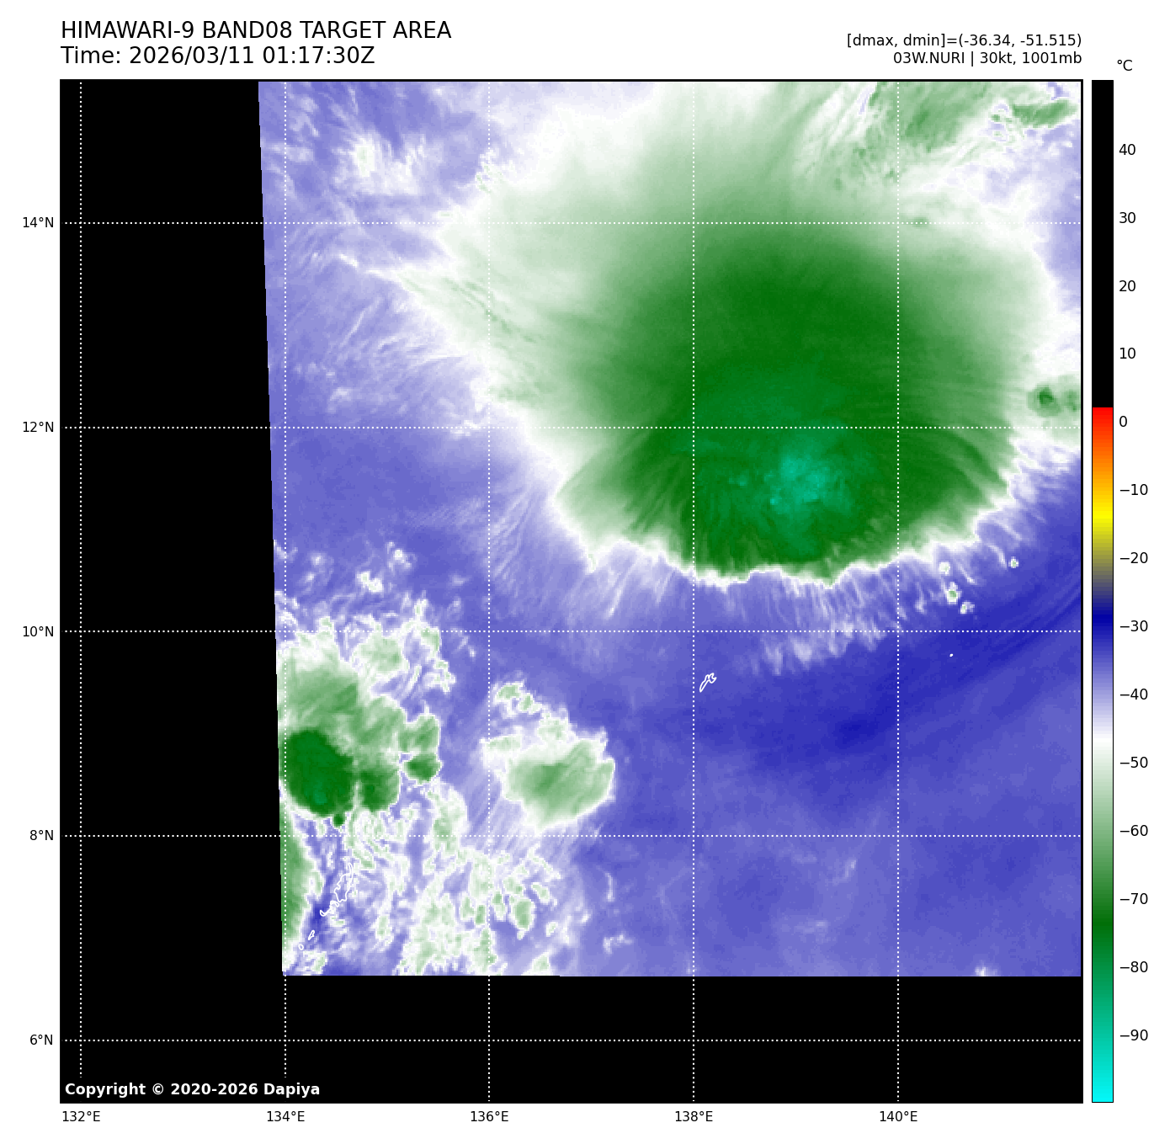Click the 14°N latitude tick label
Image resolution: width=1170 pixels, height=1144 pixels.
(x=37, y=223)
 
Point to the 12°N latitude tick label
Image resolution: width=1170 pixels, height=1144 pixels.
(x=37, y=428)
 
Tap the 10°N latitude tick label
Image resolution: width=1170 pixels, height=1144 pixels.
(x=37, y=632)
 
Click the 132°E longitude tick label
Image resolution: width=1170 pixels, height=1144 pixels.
(x=81, y=1117)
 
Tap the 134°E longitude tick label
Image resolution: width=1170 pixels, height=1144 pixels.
(x=285, y=1117)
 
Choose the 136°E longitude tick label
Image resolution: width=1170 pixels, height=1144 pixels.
(x=489, y=1117)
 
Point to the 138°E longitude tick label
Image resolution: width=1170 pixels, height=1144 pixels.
(x=694, y=1117)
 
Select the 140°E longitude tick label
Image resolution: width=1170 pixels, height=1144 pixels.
(x=898, y=1117)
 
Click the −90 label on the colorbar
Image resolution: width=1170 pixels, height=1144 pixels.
(x=1133, y=1035)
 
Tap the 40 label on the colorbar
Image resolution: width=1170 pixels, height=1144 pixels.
(x=1127, y=151)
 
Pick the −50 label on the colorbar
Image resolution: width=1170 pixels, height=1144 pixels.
(x=1133, y=763)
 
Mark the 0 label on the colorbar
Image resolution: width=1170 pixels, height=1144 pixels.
(x=1123, y=423)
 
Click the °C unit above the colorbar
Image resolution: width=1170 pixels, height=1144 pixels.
(x=1124, y=66)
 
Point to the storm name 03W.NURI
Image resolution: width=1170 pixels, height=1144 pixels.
(x=928, y=59)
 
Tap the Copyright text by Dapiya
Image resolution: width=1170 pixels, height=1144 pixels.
(x=192, y=1089)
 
